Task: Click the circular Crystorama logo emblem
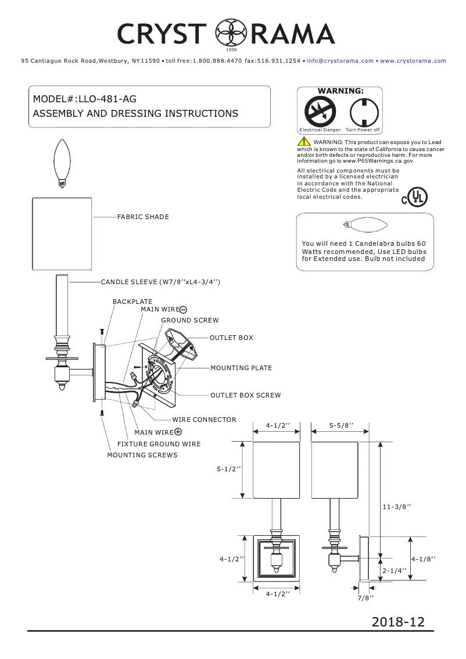pos(227,34)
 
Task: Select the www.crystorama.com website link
pos(413,60)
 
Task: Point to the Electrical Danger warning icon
pos(320,110)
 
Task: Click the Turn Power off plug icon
pos(363,110)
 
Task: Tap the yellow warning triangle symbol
pos(304,142)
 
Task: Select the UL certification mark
pos(414,198)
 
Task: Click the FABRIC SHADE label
pos(143,217)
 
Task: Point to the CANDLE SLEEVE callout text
pos(160,282)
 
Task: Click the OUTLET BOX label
pos(231,338)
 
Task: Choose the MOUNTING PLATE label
pos(241,368)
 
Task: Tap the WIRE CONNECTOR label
pos(204,420)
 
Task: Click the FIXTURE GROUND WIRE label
pos(159,444)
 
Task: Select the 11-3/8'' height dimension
pos(397,507)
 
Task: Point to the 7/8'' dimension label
pos(365,597)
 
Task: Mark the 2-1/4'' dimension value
pos(395,571)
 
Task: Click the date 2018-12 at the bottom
pos(398,622)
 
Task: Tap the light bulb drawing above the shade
pos(62,163)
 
